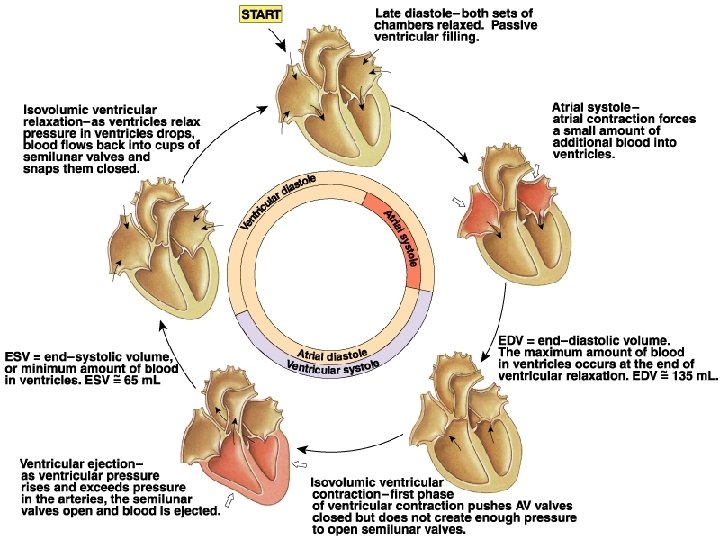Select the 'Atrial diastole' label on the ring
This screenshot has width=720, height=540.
point(333,353)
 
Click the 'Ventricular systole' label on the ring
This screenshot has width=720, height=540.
point(334,367)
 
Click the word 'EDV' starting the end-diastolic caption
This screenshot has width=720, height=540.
point(513,340)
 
